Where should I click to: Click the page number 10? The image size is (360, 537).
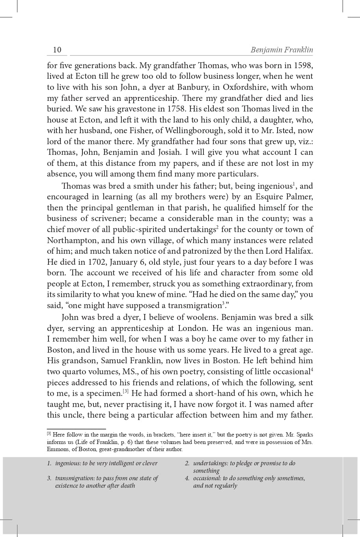(x=57, y=50)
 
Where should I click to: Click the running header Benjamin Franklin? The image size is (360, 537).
(x=282, y=50)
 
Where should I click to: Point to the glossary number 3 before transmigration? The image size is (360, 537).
(x=49, y=478)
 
